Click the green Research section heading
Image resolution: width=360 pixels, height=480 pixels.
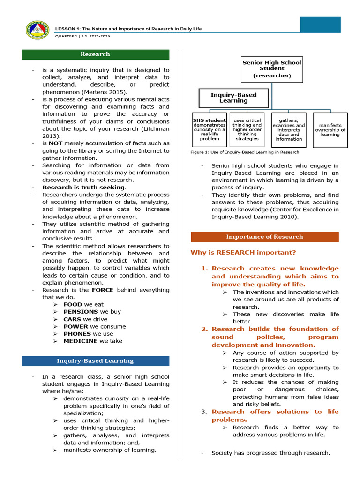pos(95,54)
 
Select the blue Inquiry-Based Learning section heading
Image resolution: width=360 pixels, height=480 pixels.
pos(95,361)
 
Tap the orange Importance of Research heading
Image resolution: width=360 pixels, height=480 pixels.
pos(264,237)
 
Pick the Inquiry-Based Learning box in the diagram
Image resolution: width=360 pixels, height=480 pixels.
pos(233,98)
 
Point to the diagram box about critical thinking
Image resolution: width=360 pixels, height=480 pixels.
pos(247,129)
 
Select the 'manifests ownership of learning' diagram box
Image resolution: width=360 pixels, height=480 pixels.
pos(330,130)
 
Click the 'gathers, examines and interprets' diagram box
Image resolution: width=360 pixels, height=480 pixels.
pos(289,129)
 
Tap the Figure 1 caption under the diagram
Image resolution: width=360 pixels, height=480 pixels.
pos(245,152)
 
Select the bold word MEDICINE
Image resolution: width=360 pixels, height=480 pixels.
pos(81,341)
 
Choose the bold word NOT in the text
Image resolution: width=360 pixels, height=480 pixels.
pos(55,143)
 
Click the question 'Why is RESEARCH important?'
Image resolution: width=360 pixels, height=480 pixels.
pos(243,253)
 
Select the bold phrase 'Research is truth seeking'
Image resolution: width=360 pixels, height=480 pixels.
pos(84,187)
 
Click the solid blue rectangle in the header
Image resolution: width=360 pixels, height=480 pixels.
pos(320,25)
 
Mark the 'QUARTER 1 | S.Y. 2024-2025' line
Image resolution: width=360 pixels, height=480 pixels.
pos(82,36)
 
